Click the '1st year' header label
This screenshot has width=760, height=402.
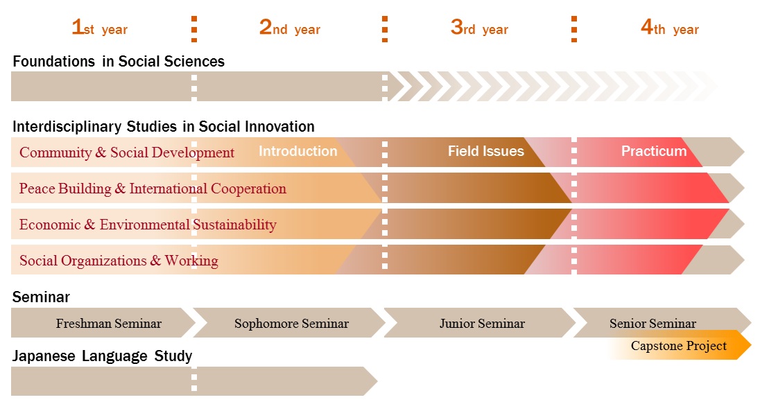(x=99, y=28)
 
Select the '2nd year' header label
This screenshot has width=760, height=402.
(x=289, y=28)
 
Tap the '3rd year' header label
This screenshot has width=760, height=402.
(x=479, y=28)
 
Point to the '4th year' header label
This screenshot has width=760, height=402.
(x=669, y=28)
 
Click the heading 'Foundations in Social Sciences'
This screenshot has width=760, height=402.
(x=119, y=62)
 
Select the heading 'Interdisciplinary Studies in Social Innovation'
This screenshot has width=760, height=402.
(x=164, y=127)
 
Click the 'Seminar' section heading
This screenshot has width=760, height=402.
(x=41, y=297)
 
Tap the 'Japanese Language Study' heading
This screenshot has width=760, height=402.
(x=102, y=356)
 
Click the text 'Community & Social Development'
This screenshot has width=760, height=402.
(x=127, y=152)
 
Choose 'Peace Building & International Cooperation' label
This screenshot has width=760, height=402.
(x=153, y=189)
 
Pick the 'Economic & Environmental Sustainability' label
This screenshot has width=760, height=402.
(x=148, y=225)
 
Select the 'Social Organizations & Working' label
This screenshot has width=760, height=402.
(x=119, y=261)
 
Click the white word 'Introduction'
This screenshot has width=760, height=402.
(x=298, y=151)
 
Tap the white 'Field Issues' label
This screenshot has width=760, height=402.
(x=485, y=151)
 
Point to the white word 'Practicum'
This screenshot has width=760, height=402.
(x=654, y=151)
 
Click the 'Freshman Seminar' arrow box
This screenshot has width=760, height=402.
(x=108, y=323)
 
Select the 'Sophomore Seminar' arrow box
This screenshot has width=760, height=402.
(x=291, y=323)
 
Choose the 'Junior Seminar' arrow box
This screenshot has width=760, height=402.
(x=482, y=323)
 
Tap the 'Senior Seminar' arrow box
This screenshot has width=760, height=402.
(x=653, y=323)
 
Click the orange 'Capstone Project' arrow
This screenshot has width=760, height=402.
(x=679, y=346)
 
